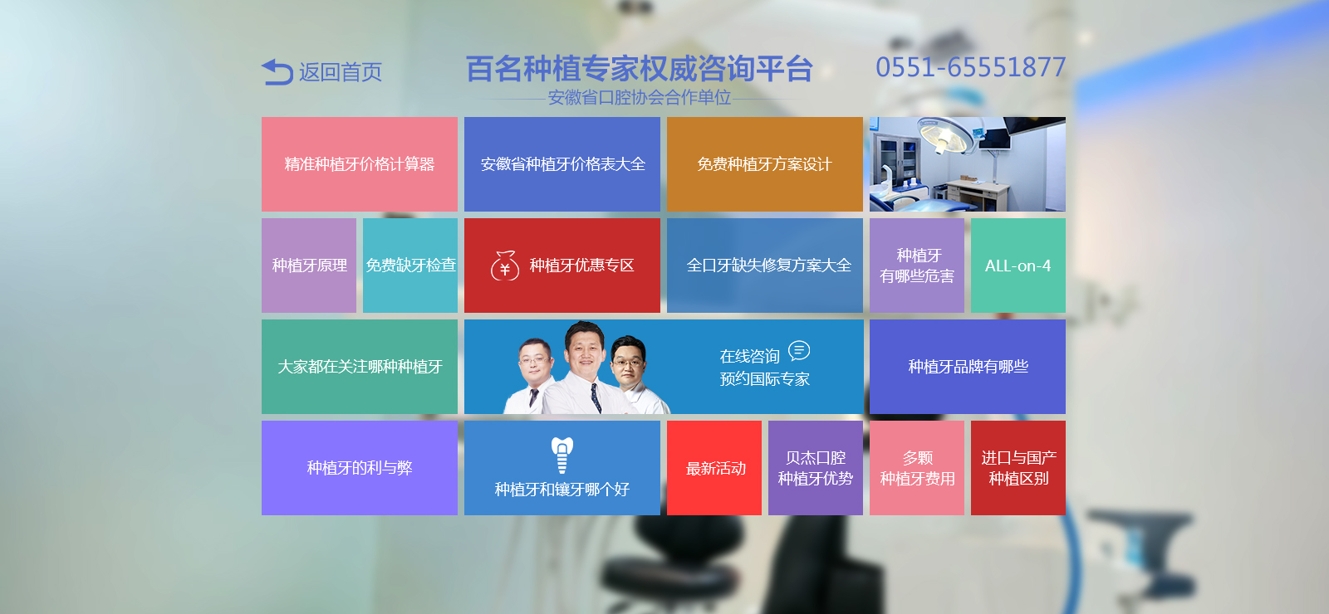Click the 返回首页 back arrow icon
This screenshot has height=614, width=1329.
coord(277,71)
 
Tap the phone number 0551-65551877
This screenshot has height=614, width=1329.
coord(971,67)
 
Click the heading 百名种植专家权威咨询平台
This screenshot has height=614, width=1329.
coord(639,69)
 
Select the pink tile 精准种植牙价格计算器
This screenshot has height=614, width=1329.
coord(360,164)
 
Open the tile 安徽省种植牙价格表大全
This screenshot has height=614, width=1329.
coord(562,164)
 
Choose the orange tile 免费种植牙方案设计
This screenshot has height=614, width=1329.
coord(765,164)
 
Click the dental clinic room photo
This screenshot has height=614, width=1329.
coord(968,164)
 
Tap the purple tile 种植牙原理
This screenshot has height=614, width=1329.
coord(309,266)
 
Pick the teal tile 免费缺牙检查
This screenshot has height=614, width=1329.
coord(410,266)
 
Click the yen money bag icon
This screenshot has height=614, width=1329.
coord(505,266)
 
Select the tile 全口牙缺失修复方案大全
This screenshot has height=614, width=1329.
coord(765,266)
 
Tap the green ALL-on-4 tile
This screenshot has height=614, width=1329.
coord(1018,266)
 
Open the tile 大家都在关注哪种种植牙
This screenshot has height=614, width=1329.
coord(360,367)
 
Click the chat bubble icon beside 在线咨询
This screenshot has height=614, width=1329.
coord(798,351)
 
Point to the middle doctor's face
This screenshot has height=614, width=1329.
coord(585,348)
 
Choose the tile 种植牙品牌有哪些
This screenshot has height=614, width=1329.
coord(968,367)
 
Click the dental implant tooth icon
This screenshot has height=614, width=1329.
coord(562,456)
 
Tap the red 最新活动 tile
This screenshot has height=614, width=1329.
coord(714,468)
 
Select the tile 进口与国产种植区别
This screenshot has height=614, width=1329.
coord(1018,468)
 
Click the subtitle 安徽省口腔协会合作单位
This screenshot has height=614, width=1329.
coord(639,98)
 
